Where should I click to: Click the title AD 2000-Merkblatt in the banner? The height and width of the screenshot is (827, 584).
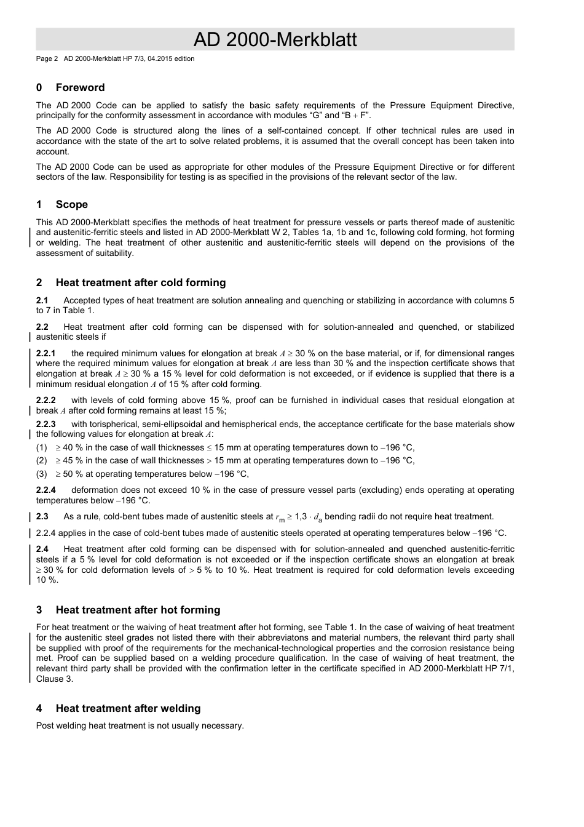[x=275, y=39]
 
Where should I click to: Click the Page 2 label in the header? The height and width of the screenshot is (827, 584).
[x=47, y=59]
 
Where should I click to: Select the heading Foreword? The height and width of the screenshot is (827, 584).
[x=80, y=87]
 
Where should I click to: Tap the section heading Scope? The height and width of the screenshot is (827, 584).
[x=71, y=204]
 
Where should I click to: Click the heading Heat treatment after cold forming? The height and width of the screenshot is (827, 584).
[x=141, y=282]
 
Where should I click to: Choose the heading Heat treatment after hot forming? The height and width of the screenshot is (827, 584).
[x=138, y=610]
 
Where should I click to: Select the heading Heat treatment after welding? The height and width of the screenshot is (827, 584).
[x=128, y=708]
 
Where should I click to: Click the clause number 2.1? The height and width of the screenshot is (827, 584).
[x=42, y=300]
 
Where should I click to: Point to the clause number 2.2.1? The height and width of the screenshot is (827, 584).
[x=45, y=353]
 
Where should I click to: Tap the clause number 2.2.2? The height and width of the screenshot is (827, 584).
[x=45, y=400]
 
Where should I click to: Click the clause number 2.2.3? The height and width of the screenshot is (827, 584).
[x=45, y=424]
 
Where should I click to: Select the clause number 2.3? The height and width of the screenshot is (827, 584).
[x=42, y=516]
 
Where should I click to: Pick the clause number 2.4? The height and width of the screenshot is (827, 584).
[x=42, y=549]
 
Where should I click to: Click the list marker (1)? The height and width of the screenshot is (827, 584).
[x=41, y=447]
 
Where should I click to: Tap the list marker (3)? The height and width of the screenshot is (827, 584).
[x=41, y=474]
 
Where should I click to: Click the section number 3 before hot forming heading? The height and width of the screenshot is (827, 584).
[x=39, y=610]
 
